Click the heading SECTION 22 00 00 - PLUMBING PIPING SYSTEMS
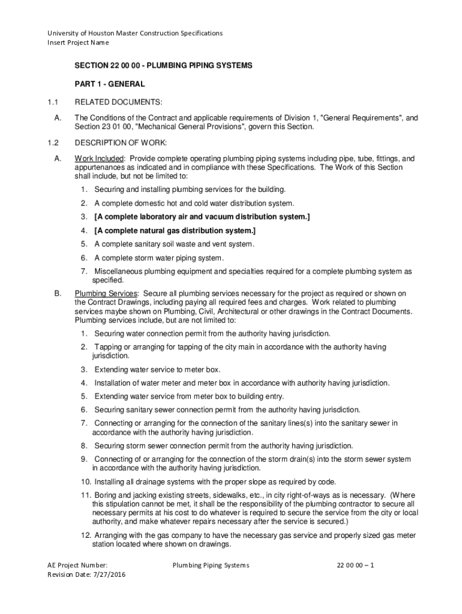pyautogui.click(x=163, y=64)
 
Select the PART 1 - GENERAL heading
pyautogui.click(x=109, y=84)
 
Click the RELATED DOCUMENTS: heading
pyautogui.click(x=118, y=103)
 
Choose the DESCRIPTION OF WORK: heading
pyautogui.click(x=120, y=143)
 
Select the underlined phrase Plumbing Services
pyautogui.click(x=106, y=293)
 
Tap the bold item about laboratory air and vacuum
pyautogui.click(x=202, y=216)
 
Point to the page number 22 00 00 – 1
pyautogui.click(x=356, y=565)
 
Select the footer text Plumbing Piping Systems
pyautogui.click(x=211, y=565)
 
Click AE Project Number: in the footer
pyautogui.click(x=78, y=565)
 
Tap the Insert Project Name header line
pyautogui.click(x=78, y=43)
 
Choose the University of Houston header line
pyautogui.click(x=135, y=33)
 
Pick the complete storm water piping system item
pyautogui.click(x=159, y=258)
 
